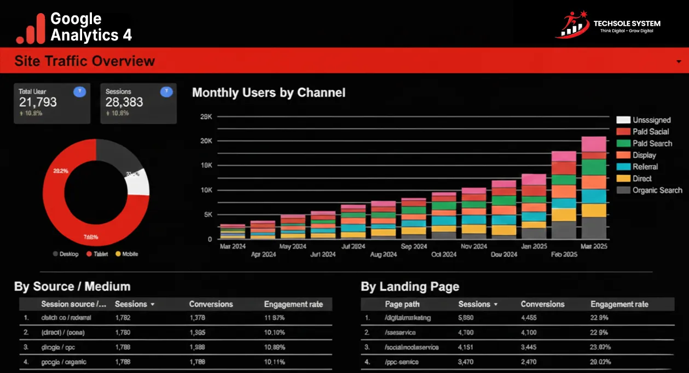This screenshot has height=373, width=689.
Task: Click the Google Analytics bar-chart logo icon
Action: click(31, 28)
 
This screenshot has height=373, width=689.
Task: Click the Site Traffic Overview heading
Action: click(84, 61)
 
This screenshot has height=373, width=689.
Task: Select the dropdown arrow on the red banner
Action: click(679, 62)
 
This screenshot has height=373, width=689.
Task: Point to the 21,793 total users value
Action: click(38, 102)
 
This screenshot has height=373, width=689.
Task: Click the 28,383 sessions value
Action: click(124, 102)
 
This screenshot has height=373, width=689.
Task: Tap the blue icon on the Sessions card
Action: click(166, 92)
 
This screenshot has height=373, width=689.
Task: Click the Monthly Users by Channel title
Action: click(269, 92)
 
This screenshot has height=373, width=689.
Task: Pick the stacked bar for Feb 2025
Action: click(564, 195)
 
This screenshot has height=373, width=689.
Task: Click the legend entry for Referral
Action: click(645, 167)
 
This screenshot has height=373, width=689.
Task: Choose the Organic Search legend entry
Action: click(657, 190)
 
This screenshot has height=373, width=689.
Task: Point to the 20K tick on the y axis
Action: click(206, 141)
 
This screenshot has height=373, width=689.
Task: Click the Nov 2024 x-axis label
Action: click(474, 247)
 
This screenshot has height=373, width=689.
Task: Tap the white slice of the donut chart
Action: click(138, 183)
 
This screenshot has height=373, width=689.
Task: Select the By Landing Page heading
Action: click(410, 287)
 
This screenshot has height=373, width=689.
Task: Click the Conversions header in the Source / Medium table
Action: click(211, 304)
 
